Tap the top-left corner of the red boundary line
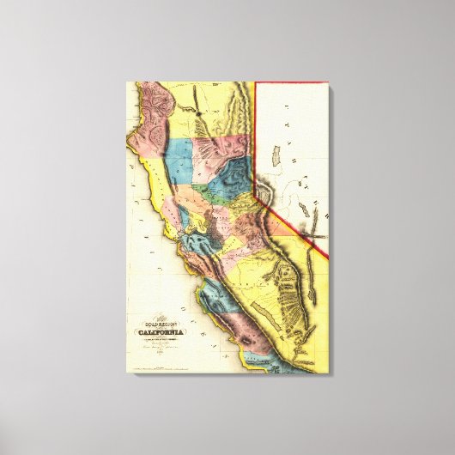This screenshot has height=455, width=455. tap(258, 83)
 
